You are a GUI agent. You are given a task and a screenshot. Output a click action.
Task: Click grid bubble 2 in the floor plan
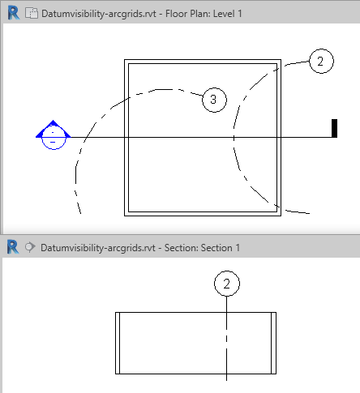(321, 61)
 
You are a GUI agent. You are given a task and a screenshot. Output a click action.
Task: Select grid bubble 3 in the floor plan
(214, 100)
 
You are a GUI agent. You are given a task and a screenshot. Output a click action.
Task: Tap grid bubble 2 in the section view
(227, 284)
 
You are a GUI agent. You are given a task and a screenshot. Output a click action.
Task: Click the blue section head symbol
(54, 135)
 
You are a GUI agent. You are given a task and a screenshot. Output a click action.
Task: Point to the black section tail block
(334, 128)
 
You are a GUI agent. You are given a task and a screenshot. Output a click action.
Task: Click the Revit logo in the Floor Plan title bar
(14, 13)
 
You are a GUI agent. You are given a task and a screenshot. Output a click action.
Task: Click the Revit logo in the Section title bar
(13, 247)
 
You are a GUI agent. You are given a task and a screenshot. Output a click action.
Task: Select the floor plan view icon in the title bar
(32, 13)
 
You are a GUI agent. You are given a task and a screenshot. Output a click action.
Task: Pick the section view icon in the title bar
(30, 247)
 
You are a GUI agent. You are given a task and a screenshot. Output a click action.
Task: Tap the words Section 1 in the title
(221, 248)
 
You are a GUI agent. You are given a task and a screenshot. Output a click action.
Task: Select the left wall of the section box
(118, 343)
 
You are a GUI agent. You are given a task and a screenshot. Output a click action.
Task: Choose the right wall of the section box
(273, 343)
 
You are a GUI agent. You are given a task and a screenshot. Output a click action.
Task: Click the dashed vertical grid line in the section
(226, 339)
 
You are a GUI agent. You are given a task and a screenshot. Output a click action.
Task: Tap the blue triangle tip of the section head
(53, 121)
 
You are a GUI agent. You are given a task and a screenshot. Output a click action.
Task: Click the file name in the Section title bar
(98, 248)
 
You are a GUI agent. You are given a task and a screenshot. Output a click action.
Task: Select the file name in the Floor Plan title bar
(99, 14)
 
